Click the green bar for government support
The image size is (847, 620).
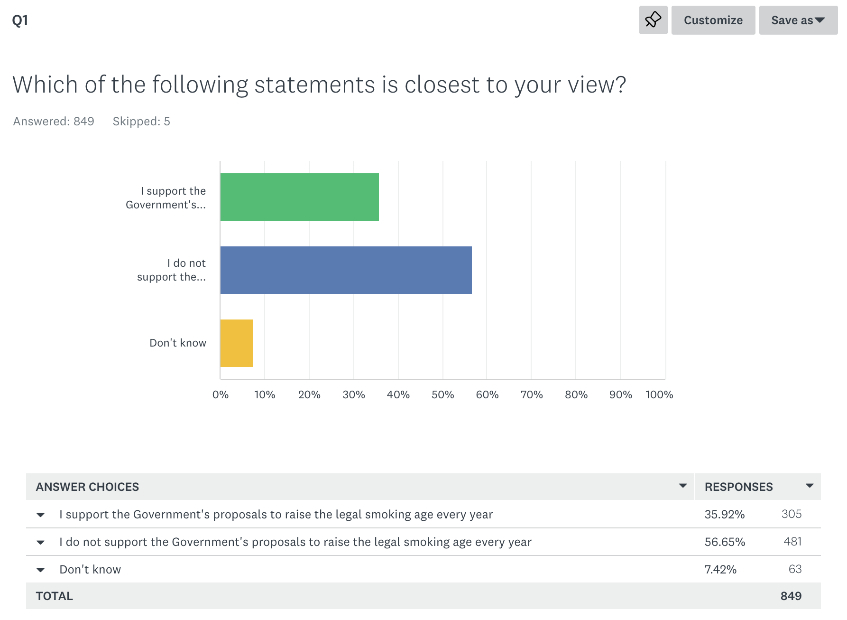coord(299,197)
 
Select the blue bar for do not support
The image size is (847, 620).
coord(346,270)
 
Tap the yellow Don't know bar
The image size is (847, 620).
coord(236,343)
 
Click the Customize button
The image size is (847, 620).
coord(713,20)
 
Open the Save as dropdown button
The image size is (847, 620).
coord(798,20)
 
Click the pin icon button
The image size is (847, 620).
coord(653,20)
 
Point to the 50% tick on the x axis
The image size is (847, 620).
coord(442,395)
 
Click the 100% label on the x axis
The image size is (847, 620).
coord(659,395)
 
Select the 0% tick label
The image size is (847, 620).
coord(221,395)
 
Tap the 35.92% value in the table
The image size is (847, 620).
coord(724,515)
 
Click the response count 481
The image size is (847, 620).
coord(792,542)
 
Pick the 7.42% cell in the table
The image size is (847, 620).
coord(720,569)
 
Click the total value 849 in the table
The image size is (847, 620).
coord(791,596)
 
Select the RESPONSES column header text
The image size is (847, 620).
coord(738,487)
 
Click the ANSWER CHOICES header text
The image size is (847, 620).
coord(87,487)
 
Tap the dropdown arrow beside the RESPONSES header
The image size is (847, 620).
coord(810,486)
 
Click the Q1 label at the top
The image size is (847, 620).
coord(20,20)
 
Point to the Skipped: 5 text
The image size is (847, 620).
coord(141,122)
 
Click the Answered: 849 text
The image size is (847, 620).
coord(54,122)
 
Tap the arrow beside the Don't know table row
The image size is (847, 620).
coord(41,570)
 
